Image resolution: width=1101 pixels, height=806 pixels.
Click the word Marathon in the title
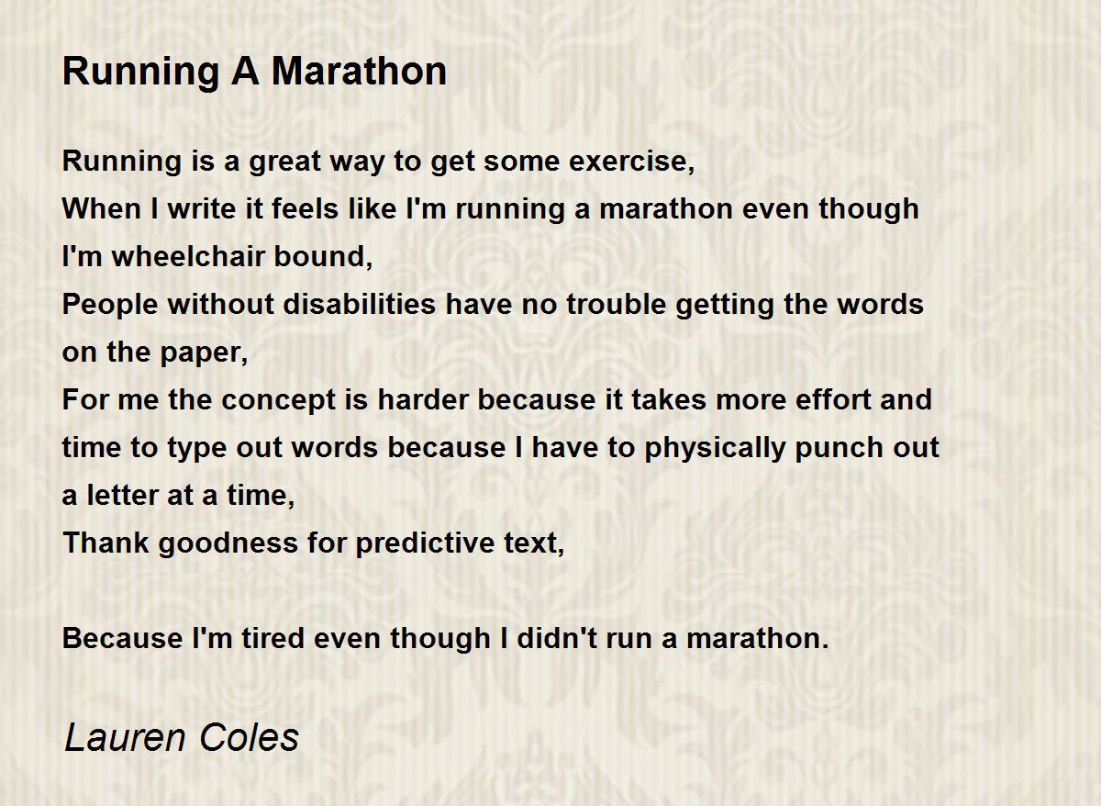pos(359,72)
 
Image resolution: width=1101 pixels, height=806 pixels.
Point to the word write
pos(202,208)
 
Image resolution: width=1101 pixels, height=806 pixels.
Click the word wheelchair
pos(189,256)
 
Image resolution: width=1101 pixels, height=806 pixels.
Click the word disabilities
pos(360,304)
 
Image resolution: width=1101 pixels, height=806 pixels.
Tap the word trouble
pos(617,304)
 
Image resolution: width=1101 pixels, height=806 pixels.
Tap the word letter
pos(122,495)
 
